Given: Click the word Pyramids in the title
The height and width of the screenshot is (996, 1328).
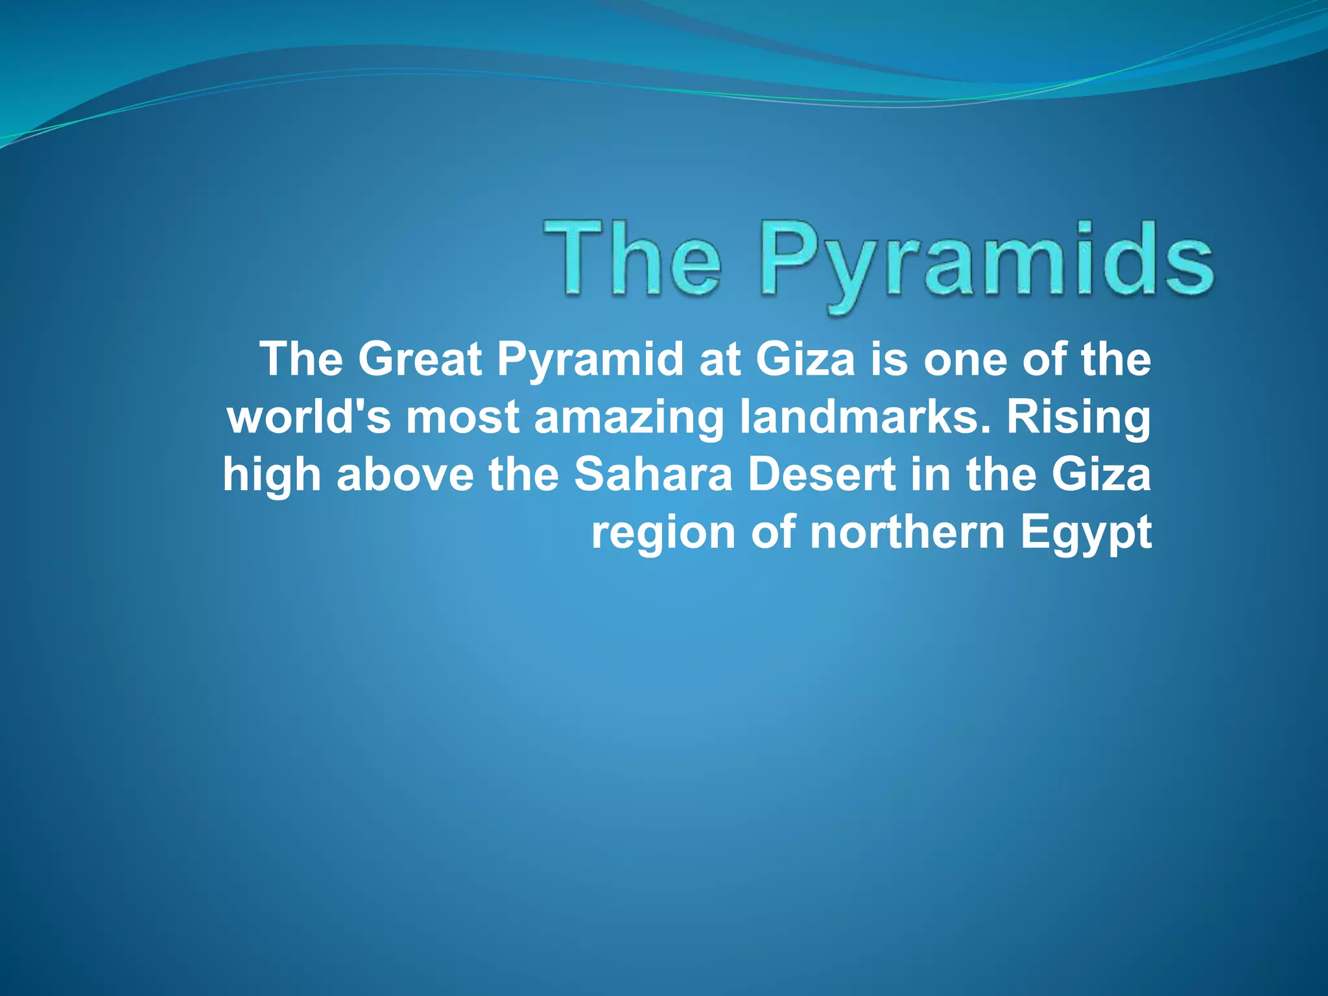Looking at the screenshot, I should (x=986, y=263).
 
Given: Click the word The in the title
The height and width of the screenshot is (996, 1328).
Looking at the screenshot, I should (x=632, y=259).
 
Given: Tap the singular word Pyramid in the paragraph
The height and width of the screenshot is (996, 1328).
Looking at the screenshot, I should (x=590, y=360).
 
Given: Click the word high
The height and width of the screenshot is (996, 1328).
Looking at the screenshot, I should (x=272, y=475).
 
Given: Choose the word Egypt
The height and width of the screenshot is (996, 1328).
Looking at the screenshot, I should (x=1085, y=533).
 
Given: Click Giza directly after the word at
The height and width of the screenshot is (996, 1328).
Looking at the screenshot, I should (x=805, y=360).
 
